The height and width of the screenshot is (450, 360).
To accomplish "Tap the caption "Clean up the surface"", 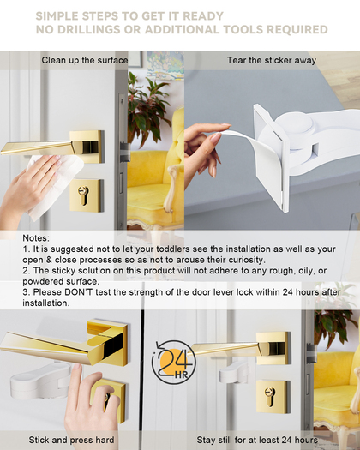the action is tap(85, 60).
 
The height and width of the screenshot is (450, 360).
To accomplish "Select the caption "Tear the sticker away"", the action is tap(272, 60).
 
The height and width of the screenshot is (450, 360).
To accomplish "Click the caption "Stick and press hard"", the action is tap(71, 440).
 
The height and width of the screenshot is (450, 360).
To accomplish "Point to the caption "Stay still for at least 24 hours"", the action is tap(257, 440).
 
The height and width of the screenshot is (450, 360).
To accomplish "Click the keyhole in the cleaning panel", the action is tap(83, 195).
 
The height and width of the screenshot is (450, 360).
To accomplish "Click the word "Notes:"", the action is tap(36, 238).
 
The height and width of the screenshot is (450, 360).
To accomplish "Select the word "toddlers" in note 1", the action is tap(173, 249).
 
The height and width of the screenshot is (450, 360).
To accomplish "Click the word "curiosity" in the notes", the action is tap(246, 260).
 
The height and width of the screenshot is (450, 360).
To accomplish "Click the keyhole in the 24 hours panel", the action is tap(270, 397).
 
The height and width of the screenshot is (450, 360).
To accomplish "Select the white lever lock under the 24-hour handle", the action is tap(234, 372).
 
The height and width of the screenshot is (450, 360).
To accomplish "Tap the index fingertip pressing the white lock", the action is tap(77, 367).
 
